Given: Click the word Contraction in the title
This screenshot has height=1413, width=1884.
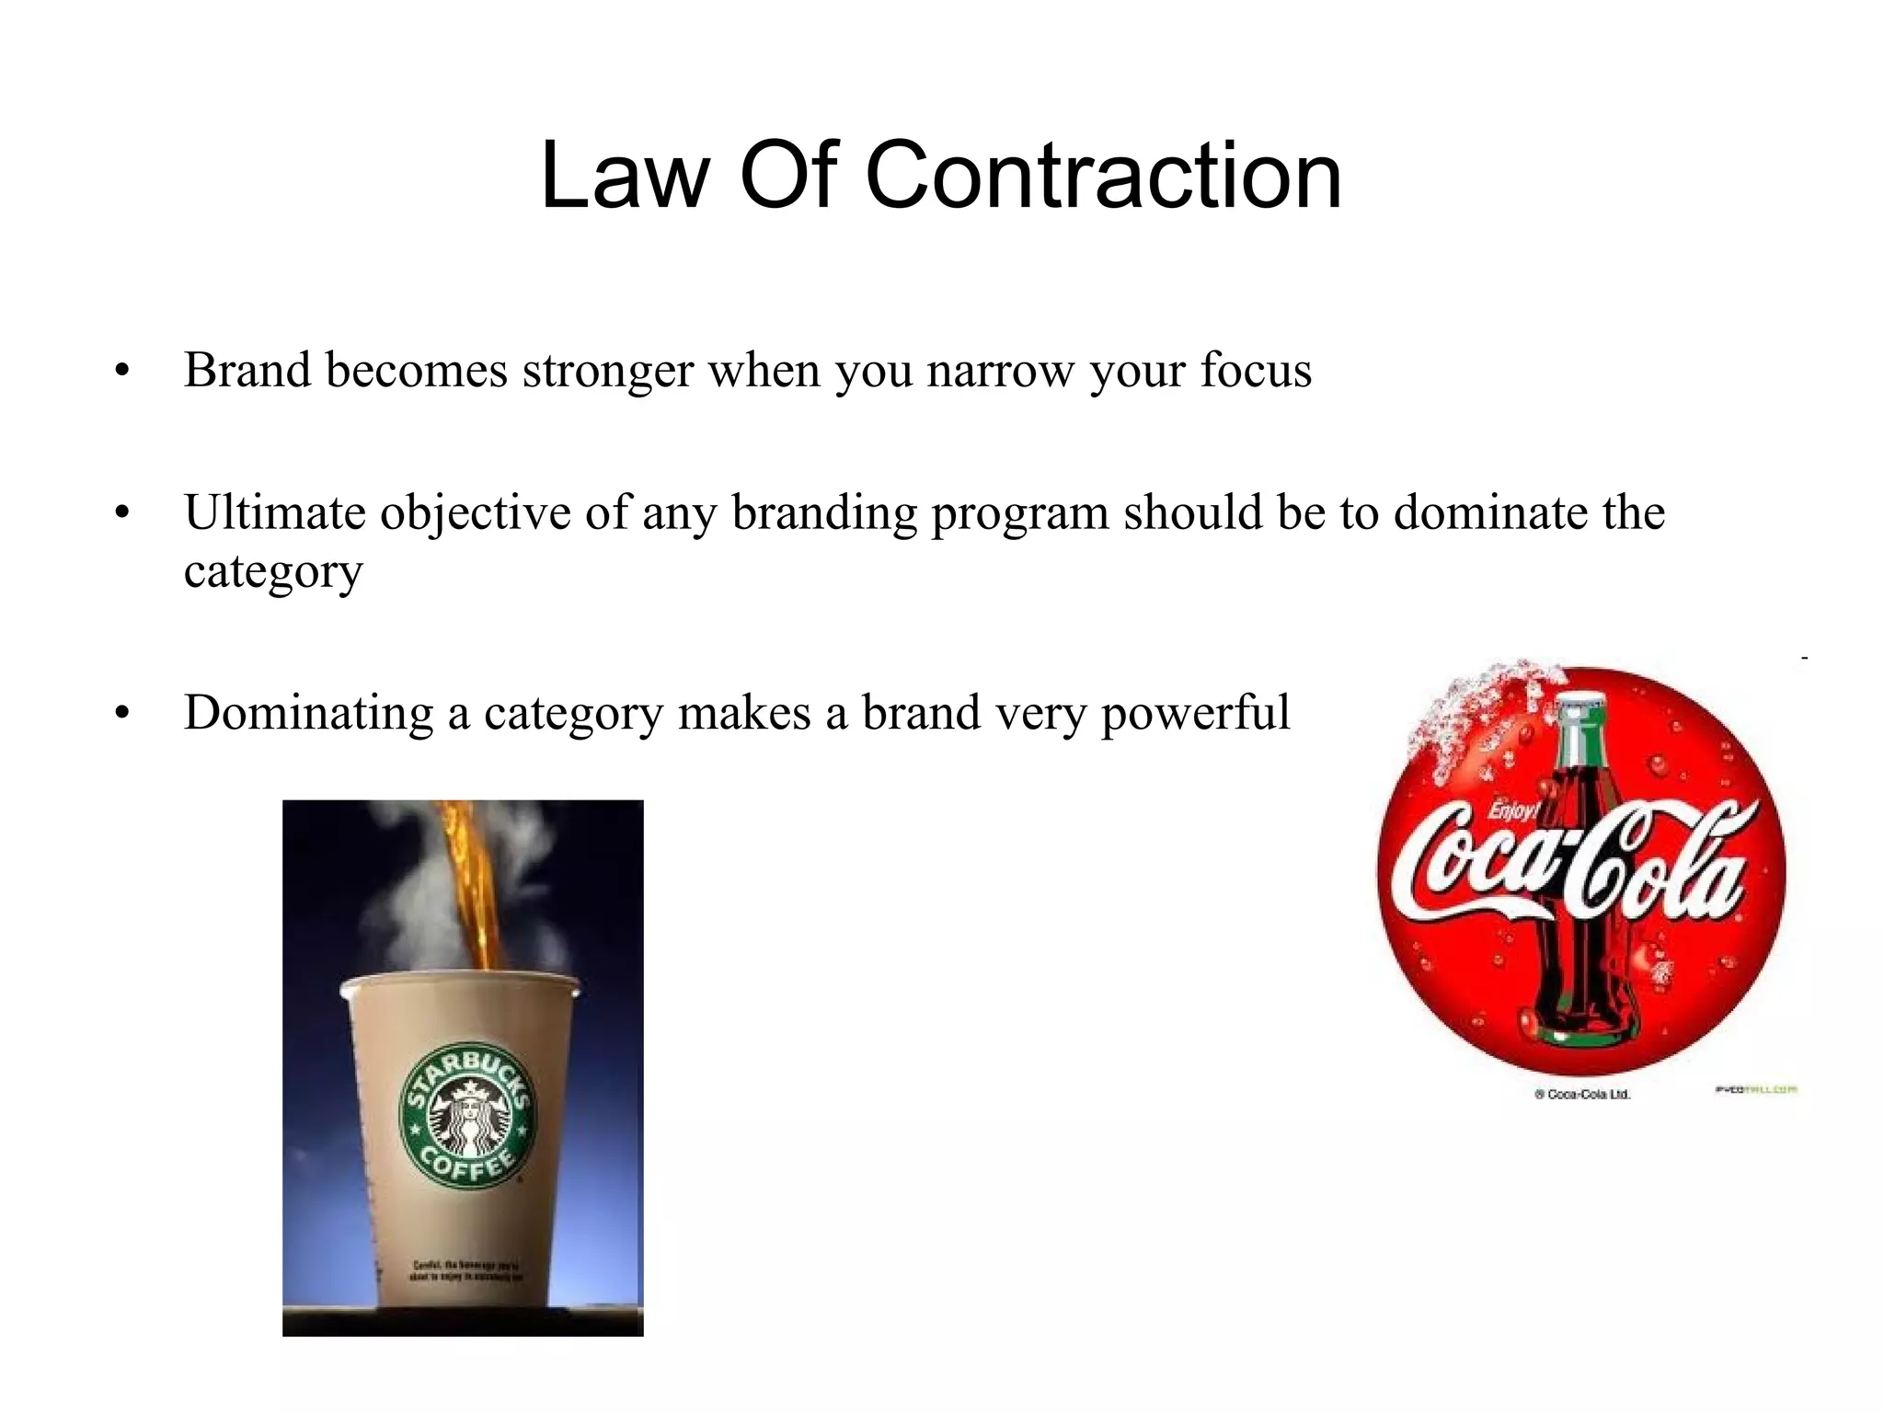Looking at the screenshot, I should [x=1103, y=176].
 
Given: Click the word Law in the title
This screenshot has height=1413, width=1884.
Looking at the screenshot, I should [x=625, y=176].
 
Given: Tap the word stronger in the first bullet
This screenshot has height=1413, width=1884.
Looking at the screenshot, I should [x=608, y=371].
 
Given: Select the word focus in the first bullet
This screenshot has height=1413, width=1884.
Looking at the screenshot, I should [x=1256, y=371].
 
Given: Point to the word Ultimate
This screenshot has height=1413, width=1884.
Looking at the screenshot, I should [x=275, y=512].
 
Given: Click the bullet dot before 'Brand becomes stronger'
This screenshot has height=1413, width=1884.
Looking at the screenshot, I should [x=122, y=373].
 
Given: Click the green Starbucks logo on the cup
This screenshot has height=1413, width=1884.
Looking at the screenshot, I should [x=466, y=1114].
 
